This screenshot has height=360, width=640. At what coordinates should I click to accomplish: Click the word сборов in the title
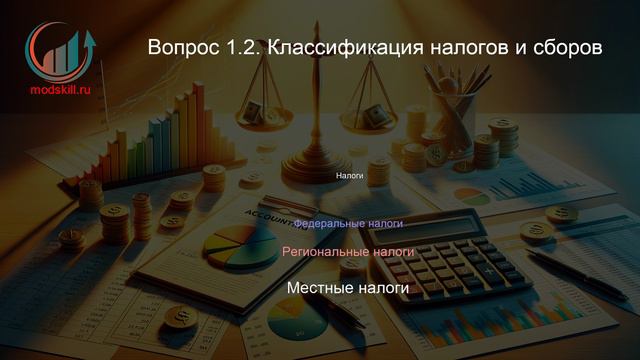coord(567,48)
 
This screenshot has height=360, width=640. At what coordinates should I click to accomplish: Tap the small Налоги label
coord(348,175)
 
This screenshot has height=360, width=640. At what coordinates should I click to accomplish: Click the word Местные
coord(319,288)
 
